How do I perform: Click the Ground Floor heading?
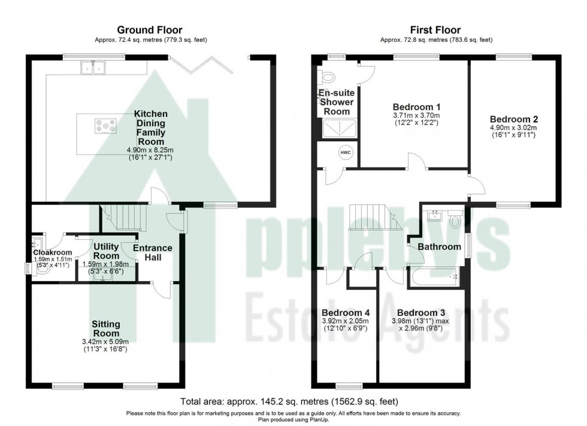pyautogui.click(x=150, y=30)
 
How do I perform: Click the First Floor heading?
pyautogui.click(x=436, y=30)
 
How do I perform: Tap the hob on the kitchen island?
pyautogui.click(x=104, y=127)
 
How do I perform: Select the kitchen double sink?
pyautogui.click(x=93, y=68)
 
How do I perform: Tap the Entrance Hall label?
pyautogui.click(x=152, y=252)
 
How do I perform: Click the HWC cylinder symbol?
pyautogui.click(x=346, y=152)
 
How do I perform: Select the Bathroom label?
pyautogui.click(x=439, y=247)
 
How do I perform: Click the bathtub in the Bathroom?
pyautogui.click(x=436, y=277)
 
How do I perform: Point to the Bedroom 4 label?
pyautogui.click(x=346, y=312)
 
